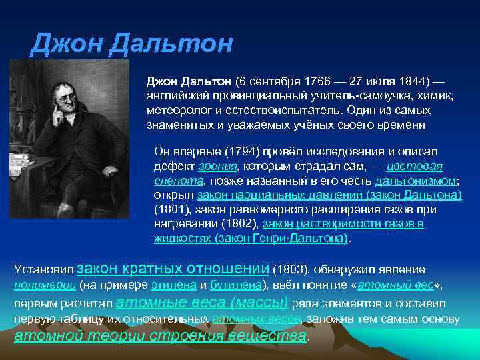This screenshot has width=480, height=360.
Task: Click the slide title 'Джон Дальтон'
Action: pyautogui.click(x=132, y=45)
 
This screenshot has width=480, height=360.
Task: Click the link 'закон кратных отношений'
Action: pyautogui.click(x=173, y=269)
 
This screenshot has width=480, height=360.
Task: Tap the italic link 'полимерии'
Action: pyautogui.click(x=45, y=286)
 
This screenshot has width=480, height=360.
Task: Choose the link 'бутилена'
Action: pyautogui.click(x=234, y=286)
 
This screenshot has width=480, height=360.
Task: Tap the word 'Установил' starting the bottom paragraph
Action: pyautogui.click(x=43, y=270)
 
